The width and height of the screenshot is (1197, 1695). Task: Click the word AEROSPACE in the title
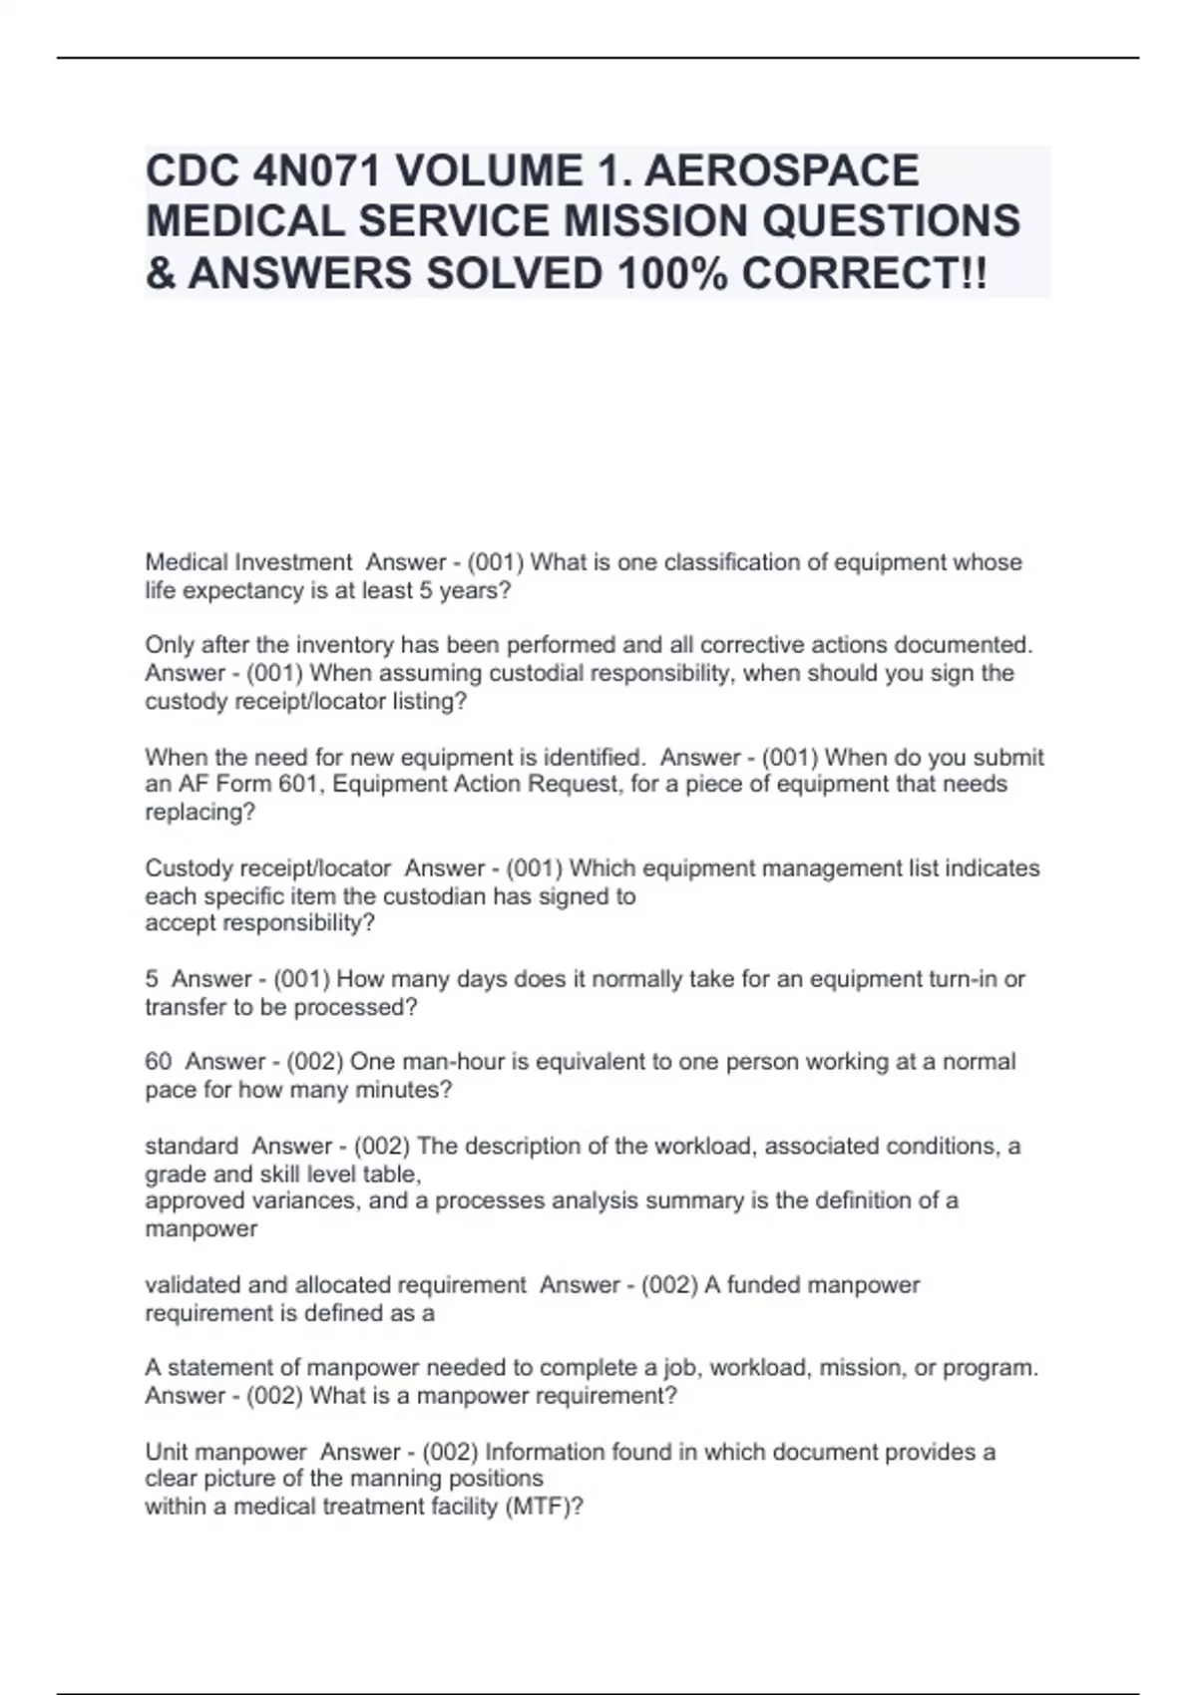(x=781, y=170)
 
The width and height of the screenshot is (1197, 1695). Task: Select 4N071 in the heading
(x=318, y=170)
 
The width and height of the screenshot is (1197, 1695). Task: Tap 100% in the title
(x=671, y=272)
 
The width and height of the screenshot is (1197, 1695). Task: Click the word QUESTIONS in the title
(x=891, y=221)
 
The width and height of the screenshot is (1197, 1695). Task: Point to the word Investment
(x=292, y=562)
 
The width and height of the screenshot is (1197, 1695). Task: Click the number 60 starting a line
(x=158, y=1062)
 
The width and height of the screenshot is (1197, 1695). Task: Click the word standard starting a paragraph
(x=192, y=1146)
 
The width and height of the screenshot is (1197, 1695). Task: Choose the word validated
(x=192, y=1285)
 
